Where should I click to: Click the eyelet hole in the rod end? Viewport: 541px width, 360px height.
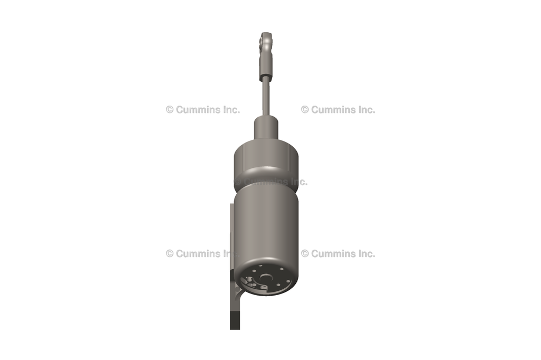pos(265,39)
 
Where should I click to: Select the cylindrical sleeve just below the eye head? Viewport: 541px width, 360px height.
pos(266,67)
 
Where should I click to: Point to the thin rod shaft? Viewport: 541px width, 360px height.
pos(266,98)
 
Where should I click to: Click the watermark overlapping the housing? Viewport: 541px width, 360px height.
pos(270,182)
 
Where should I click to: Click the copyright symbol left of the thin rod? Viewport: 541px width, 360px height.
pos(170,110)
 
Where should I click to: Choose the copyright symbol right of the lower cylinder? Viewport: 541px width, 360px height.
pos(305,253)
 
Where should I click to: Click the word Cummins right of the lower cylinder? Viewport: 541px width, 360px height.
pos(334,253)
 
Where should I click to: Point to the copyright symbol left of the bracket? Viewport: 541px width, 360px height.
pos(170,253)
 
